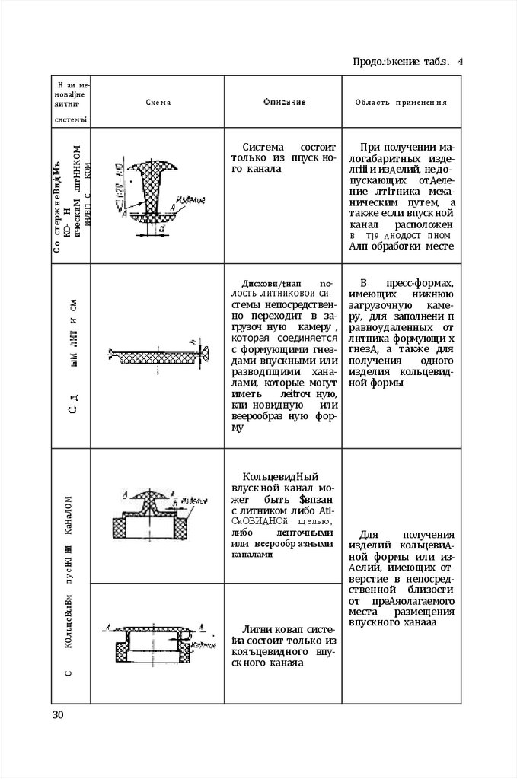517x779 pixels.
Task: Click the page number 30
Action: click(59, 714)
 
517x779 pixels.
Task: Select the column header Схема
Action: click(160, 102)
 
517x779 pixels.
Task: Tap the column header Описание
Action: click(285, 102)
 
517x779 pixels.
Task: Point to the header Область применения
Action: click(401, 102)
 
